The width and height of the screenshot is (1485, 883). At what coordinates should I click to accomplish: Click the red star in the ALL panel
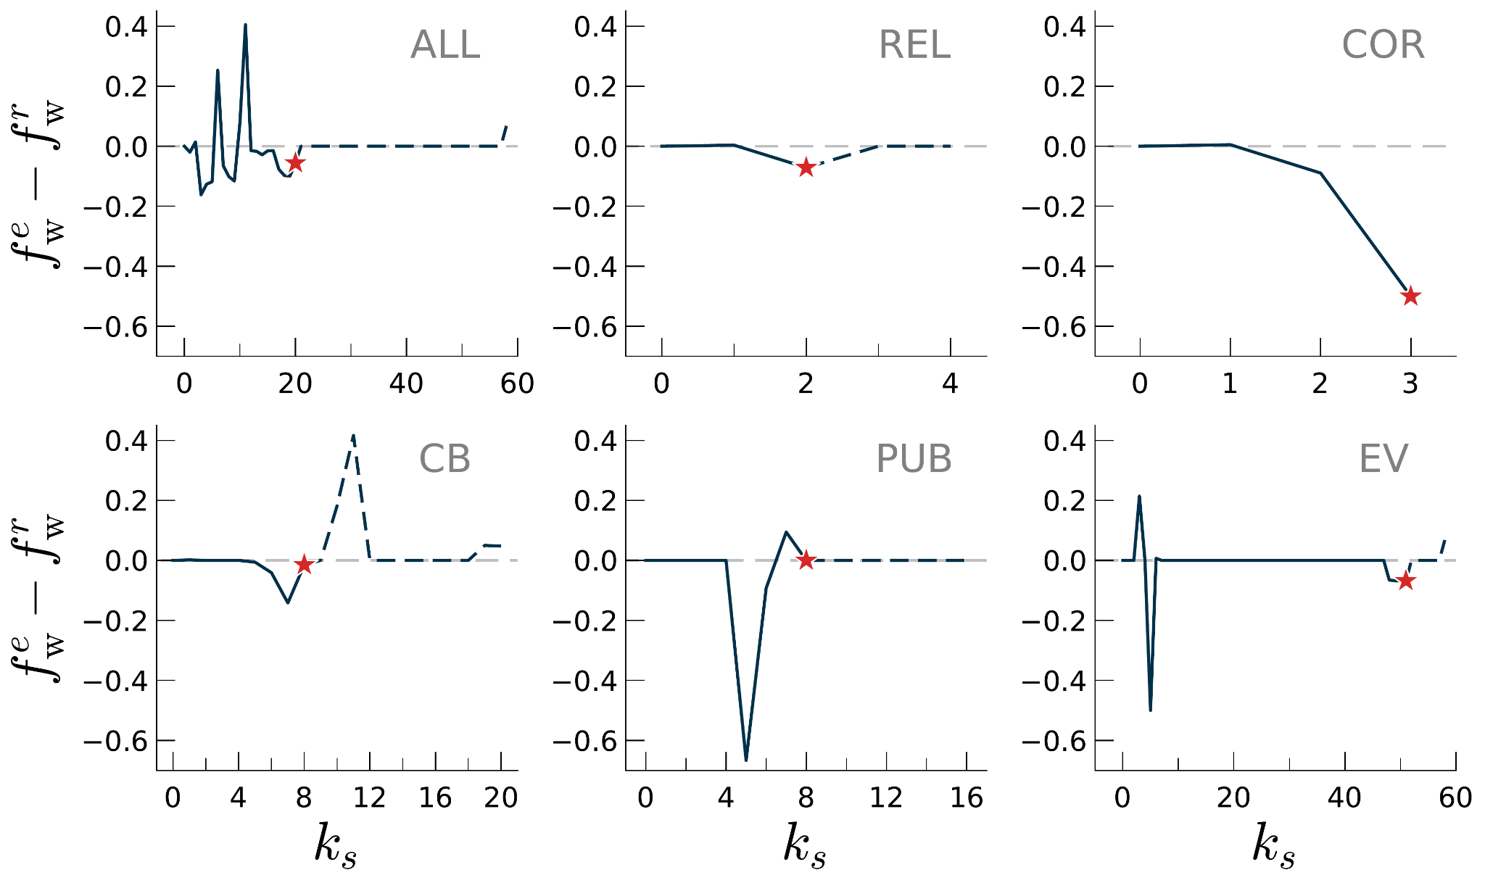point(295,163)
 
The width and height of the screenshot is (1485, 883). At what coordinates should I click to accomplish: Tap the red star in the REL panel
point(806,168)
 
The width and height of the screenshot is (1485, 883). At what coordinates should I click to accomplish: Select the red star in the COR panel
point(1410,296)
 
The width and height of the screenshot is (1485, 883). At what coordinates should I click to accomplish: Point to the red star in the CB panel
point(304,565)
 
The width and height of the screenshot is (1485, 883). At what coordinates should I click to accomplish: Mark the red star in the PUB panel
point(806,560)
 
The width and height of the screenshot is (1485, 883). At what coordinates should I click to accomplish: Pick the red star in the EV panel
point(1405,581)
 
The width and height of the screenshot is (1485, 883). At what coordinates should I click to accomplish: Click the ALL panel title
point(444,45)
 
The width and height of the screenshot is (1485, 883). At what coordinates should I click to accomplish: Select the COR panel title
point(1383,45)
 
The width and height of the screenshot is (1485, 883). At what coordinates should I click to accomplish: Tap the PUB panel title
point(914,459)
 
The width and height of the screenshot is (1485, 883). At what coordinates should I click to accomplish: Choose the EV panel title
point(1383,459)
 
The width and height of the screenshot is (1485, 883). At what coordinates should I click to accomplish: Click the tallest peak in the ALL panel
point(245,26)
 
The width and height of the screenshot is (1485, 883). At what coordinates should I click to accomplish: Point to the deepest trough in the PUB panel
point(746,758)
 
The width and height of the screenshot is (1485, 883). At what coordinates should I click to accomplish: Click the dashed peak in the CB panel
point(353,436)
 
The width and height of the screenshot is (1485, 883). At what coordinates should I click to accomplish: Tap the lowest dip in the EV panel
point(1150,709)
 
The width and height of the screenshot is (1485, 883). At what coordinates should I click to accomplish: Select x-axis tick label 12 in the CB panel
point(370,798)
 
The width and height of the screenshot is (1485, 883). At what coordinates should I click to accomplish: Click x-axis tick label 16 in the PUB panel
point(966,798)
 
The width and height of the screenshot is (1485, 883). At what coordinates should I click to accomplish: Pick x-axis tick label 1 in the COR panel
point(1230,384)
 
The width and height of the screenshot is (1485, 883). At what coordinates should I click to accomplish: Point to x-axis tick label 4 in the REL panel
point(950,384)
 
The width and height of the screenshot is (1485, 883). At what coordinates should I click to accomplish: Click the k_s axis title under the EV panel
point(1274,845)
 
